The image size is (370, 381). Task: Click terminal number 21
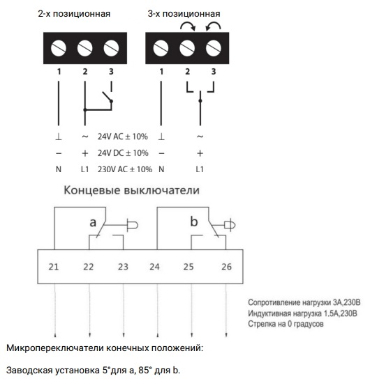[54, 267]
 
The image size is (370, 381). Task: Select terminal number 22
[88, 267]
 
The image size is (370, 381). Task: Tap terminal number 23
[123, 267]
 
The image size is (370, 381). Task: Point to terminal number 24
[154, 267]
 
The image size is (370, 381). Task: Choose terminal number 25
[188, 267]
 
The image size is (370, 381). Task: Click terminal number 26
[226, 267]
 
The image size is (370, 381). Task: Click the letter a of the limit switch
[93, 223]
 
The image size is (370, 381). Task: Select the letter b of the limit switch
[194, 221]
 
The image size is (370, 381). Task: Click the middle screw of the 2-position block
[84, 48]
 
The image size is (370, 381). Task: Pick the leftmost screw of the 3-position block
[161, 48]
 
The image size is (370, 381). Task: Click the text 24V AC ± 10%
[123, 137]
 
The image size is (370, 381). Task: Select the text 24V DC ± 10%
[123, 153]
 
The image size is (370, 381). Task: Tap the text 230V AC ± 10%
[125, 169]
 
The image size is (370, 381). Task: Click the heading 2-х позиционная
[74, 14]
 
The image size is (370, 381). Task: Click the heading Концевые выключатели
[131, 190]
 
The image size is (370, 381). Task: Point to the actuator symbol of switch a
[132, 225]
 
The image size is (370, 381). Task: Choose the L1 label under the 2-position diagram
[84, 169]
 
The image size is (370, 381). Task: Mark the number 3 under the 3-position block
[214, 72]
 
